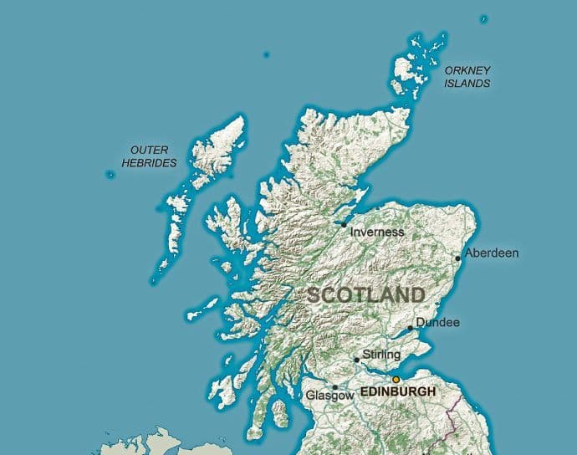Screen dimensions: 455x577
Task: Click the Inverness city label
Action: pyautogui.click(x=377, y=232)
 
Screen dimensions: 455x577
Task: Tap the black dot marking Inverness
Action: pyautogui.click(x=344, y=224)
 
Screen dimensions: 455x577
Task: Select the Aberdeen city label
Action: pyautogui.click(x=492, y=253)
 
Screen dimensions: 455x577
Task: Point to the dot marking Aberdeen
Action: pyautogui.click(x=458, y=258)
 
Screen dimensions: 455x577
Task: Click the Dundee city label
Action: pyautogui.click(x=438, y=323)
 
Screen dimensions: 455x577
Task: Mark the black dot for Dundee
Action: pyautogui.click(x=410, y=329)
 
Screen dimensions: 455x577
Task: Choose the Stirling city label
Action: pyautogui.click(x=382, y=355)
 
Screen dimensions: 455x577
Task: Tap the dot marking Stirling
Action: pyautogui.click(x=357, y=360)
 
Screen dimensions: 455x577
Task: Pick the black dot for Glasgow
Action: pyautogui.click(x=335, y=387)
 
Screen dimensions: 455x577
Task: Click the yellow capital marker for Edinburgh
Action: pyautogui.click(x=396, y=379)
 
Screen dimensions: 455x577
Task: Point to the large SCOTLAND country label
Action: pyautogui.click(x=366, y=295)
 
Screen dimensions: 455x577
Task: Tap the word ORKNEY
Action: pyautogui.click(x=467, y=70)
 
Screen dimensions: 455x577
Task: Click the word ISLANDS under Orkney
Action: pyautogui.click(x=467, y=84)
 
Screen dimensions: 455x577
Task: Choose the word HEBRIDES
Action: pyautogui.click(x=150, y=163)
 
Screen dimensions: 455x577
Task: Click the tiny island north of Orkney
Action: pyautogui.click(x=484, y=18)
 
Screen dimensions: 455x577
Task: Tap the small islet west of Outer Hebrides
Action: pyautogui.click(x=110, y=175)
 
